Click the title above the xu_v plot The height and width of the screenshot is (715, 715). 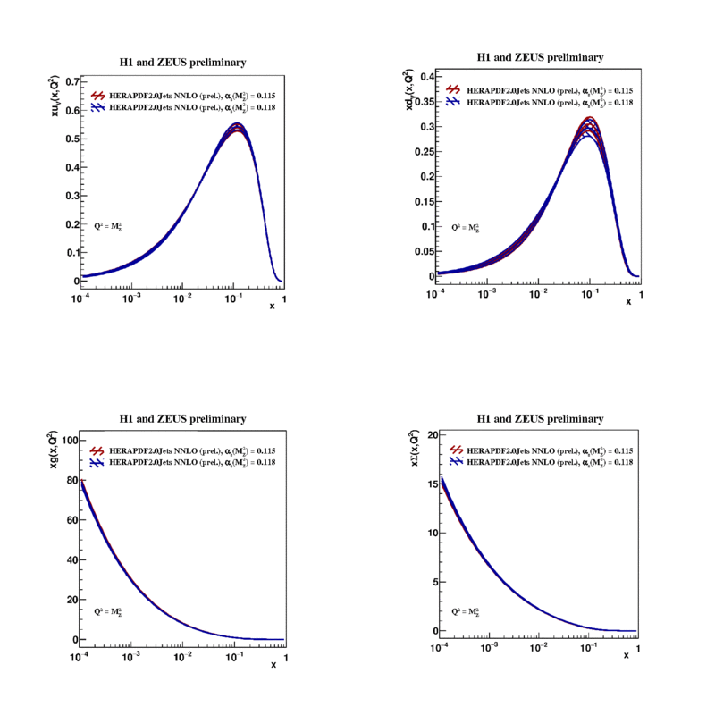click(183, 63)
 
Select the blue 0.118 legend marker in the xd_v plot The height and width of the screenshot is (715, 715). click(454, 103)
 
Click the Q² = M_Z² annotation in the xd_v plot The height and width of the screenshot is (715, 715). click(466, 228)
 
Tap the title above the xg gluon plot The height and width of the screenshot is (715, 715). click(183, 418)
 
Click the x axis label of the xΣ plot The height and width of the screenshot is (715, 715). click(627, 656)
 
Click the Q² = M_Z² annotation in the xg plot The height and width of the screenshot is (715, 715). click(108, 612)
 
